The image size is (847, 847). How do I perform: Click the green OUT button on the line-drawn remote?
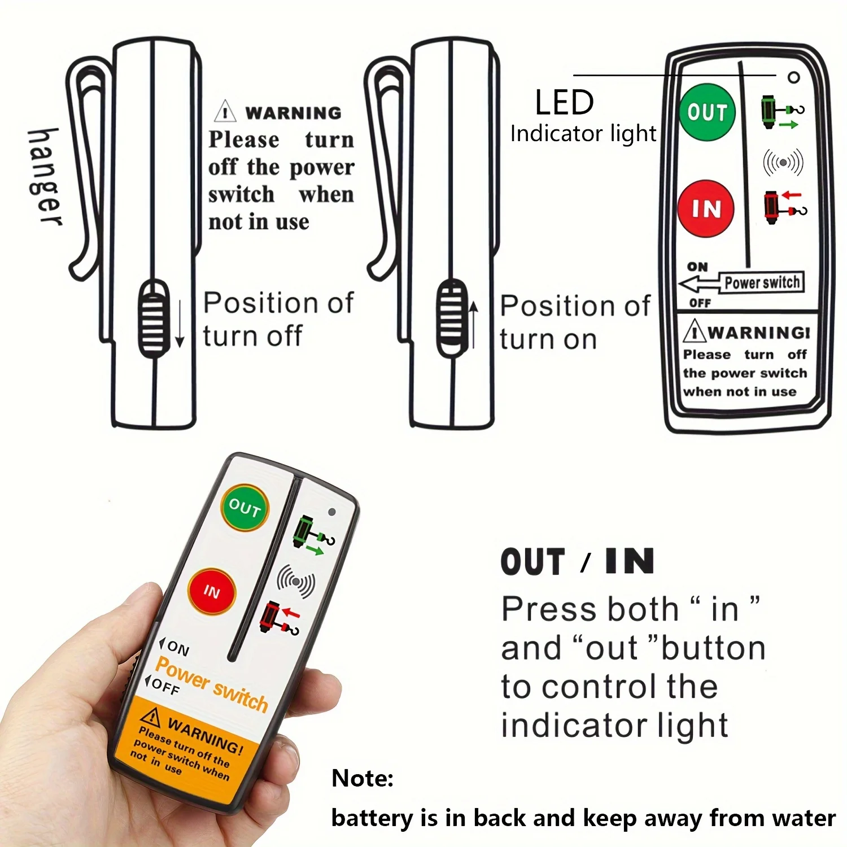pos(707,112)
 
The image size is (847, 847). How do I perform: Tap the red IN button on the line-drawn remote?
pos(706,208)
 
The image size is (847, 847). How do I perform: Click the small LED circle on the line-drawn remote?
pos(793,77)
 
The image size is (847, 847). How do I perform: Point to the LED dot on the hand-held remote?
pos(332,512)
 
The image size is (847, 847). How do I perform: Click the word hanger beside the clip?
pos(45,177)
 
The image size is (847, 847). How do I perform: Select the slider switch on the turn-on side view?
pos(452,317)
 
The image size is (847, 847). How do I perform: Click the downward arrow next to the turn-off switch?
pos(180,324)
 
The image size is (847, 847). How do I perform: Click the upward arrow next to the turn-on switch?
pos(474,325)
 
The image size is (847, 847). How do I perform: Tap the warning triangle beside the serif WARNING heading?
pos(225,111)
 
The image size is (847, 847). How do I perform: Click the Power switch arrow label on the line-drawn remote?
pos(741,282)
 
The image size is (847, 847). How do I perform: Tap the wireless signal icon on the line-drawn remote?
pos(783,163)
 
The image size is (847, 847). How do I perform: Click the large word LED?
pos(564,102)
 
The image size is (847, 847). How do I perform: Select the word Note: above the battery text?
pos(363,778)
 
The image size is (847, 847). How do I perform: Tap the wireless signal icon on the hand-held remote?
pos(296,582)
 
